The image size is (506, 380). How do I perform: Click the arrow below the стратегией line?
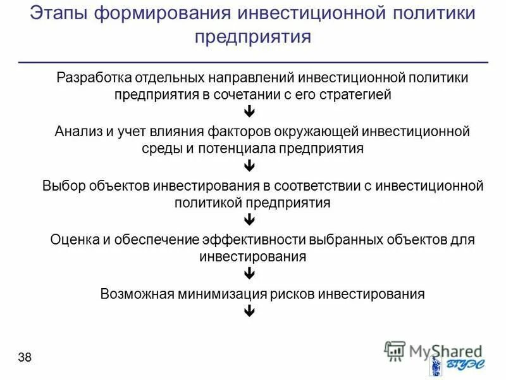pos(249,112)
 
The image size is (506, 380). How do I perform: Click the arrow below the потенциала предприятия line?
pos(249,167)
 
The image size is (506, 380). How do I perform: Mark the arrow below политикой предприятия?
pos(249,220)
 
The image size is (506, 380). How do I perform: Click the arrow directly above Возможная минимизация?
pos(249,274)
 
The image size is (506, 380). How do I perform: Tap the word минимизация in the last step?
pos(217,294)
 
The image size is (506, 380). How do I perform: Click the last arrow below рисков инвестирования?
pos(249,311)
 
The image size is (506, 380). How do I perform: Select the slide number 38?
pos(25,358)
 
